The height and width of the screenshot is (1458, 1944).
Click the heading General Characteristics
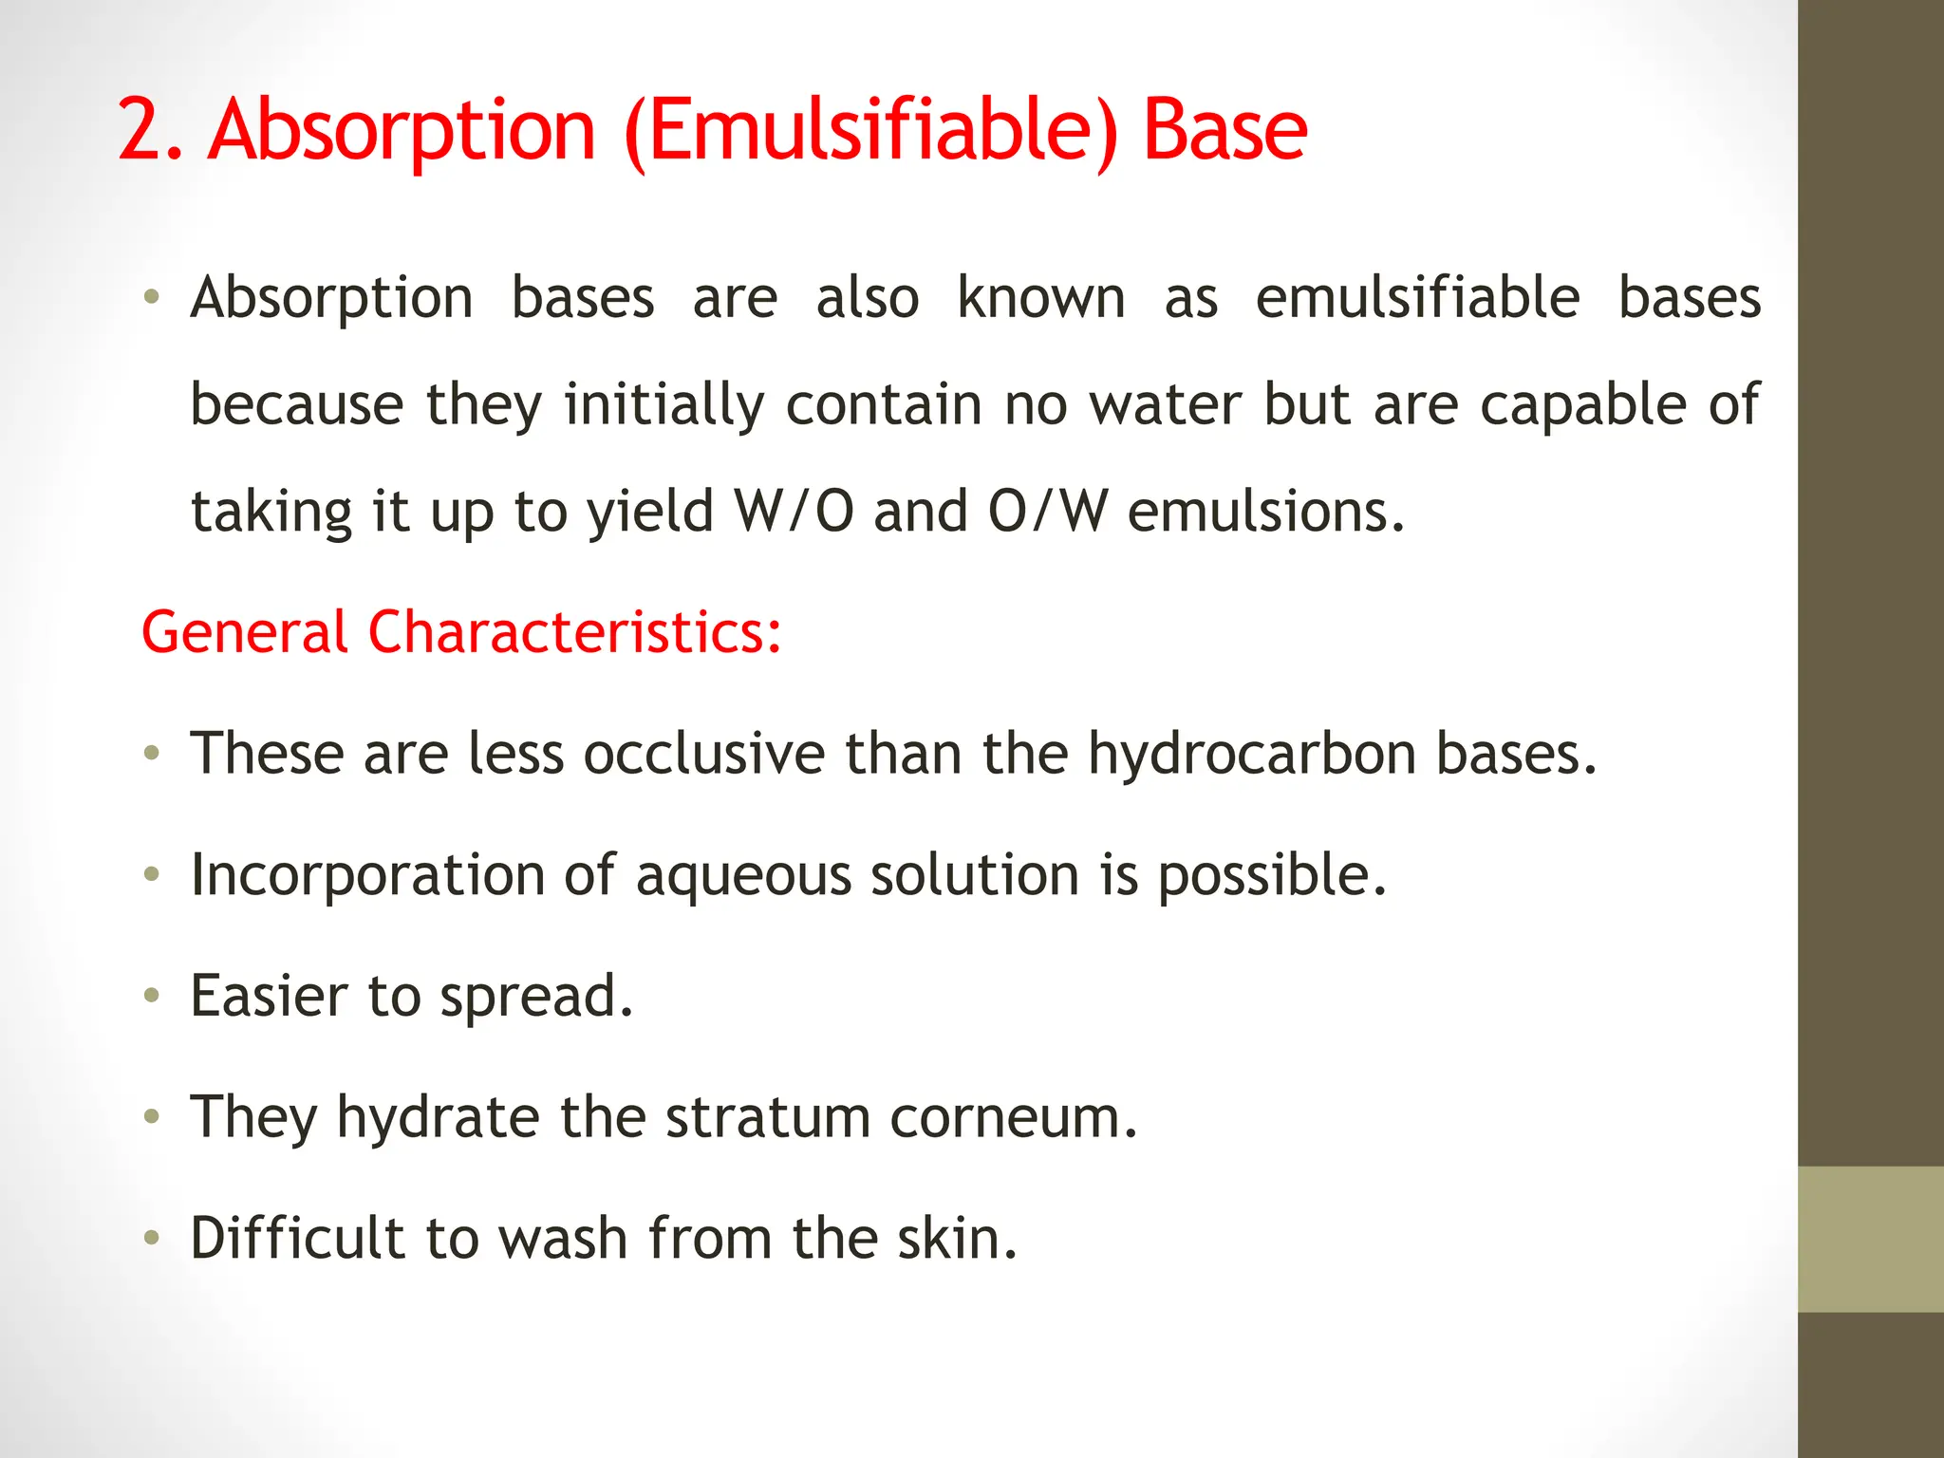(x=461, y=632)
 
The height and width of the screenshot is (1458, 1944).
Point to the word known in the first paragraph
(x=1040, y=298)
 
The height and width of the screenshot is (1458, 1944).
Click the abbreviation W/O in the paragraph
(x=794, y=512)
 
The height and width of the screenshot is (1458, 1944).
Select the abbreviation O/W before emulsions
(x=1048, y=512)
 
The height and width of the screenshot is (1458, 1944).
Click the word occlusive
(x=704, y=754)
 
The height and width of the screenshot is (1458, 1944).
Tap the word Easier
(x=269, y=996)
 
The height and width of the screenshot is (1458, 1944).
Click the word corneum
(x=1013, y=1117)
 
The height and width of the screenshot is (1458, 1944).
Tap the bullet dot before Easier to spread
(x=151, y=996)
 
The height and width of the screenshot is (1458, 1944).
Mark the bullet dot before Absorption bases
(x=151, y=298)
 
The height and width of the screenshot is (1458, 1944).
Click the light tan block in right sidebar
(x=1870, y=1239)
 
